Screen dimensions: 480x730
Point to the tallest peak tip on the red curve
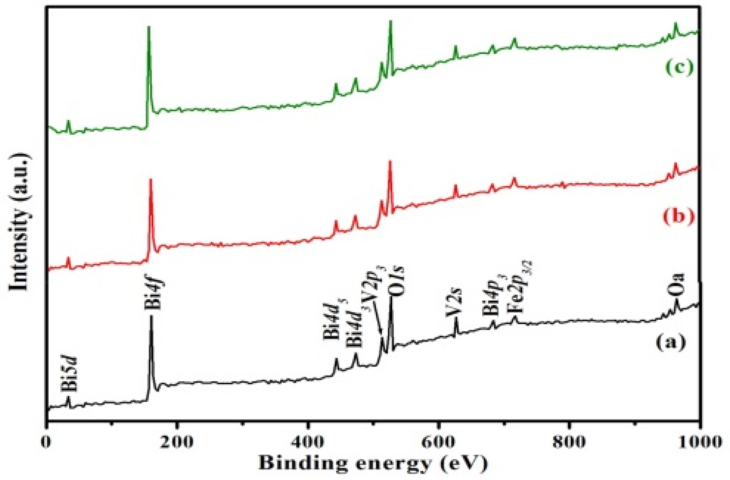pos(390,162)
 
